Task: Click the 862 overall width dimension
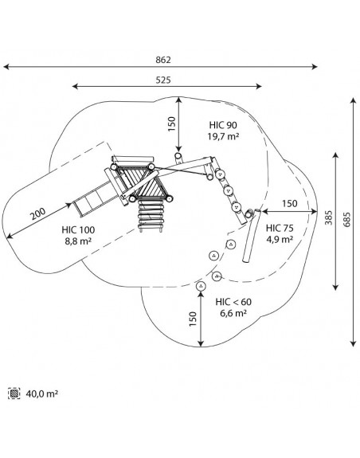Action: coord(163,60)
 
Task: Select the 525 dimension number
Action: coord(163,80)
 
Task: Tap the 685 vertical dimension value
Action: coord(346,219)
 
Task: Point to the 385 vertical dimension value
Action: coord(329,217)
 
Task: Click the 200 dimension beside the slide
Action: coord(38,213)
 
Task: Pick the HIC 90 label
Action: coord(223,125)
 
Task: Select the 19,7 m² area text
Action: coord(223,136)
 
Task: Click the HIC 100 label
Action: coord(78,230)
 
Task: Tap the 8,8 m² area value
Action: coord(78,241)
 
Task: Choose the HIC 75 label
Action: coord(280,228)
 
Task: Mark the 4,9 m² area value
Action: coord(280,239)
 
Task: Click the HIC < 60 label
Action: coord(233,302)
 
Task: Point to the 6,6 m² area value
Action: coord(233,313)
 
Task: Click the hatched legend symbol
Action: coord(14,393)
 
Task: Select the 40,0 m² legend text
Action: coord(41,393)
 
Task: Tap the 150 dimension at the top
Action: coord(172,123)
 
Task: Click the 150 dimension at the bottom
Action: coord(193,319)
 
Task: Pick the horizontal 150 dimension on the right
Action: coord(289,204)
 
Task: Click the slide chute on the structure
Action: coord(93,199)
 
